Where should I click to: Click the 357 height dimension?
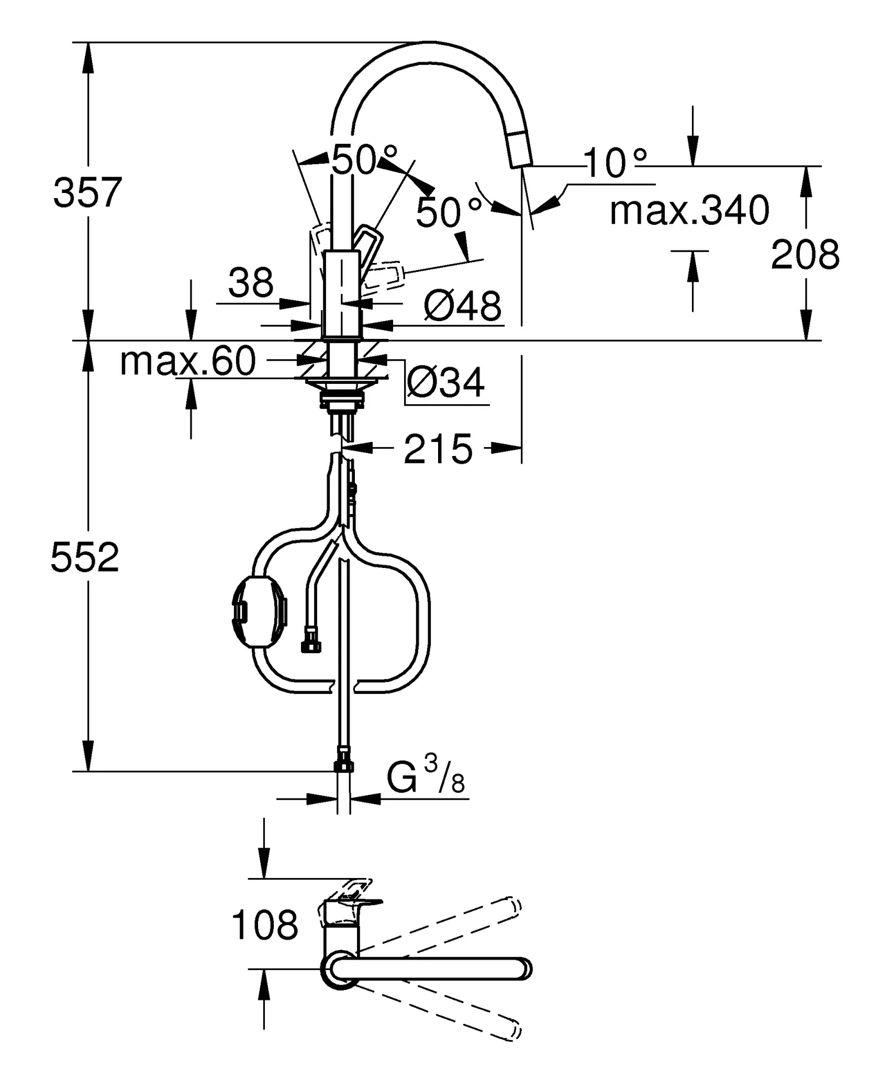87,192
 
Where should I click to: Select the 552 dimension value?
85,557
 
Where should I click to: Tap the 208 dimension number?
805,255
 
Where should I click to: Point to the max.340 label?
689,210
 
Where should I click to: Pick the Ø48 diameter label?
462,306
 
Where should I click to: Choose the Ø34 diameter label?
445,383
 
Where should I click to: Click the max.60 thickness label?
188,361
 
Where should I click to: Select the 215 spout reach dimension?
438,449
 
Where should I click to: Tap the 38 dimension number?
251,283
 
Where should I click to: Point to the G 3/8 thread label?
425,778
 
